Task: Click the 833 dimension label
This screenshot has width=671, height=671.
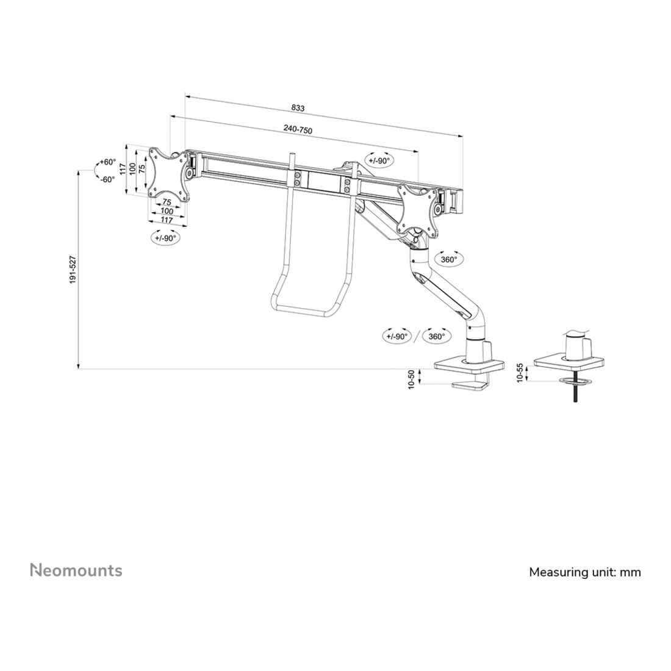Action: [298, 108]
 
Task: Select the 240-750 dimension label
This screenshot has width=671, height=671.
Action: [298, 129]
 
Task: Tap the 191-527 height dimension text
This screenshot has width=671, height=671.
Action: [73, 269]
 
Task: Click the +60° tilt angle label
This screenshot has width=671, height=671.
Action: [108, 162]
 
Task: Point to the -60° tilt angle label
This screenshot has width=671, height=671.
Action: [108, 179]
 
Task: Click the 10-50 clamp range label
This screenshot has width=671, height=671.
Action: [412, 379]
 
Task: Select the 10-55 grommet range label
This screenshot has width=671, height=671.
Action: [520, 373]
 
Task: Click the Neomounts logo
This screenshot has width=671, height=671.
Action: [76, 570]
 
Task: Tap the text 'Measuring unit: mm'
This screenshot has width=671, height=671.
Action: [585, 572]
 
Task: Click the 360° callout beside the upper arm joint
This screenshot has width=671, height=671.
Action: [449, 259]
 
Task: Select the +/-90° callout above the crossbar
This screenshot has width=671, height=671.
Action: [379, 161]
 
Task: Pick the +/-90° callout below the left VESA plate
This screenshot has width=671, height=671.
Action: [165, 238]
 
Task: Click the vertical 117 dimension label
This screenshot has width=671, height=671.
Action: [123, 168]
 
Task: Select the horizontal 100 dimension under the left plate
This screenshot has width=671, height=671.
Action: [167, 211]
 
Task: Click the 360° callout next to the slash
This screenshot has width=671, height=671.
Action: [437, 336]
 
